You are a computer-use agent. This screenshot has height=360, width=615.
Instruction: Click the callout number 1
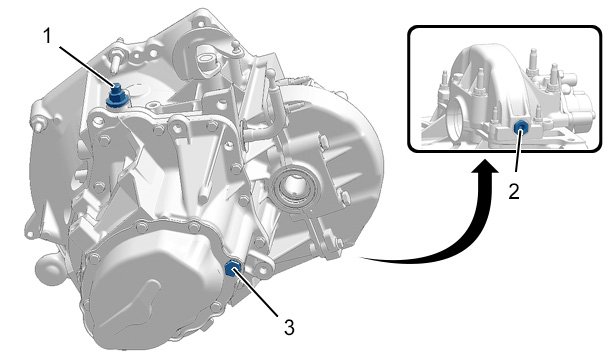click(47, 36)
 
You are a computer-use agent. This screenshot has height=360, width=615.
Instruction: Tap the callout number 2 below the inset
click(514, 191)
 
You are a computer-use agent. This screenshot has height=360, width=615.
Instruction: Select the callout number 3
click(289, 327)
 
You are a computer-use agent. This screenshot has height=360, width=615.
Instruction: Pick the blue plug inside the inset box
click(521, 127)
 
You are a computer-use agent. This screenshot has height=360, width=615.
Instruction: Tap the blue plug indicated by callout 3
click(233, 269)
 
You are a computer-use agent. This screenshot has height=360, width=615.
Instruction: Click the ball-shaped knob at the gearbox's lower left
click(48, 269)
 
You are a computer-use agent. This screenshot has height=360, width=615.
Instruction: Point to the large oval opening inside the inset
click(456, 118)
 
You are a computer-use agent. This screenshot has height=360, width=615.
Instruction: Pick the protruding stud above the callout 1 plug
click(115, 60)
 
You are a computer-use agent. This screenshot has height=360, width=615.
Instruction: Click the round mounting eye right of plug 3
click(262, 269)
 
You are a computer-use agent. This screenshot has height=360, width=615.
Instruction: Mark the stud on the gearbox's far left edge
click(37, 123)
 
